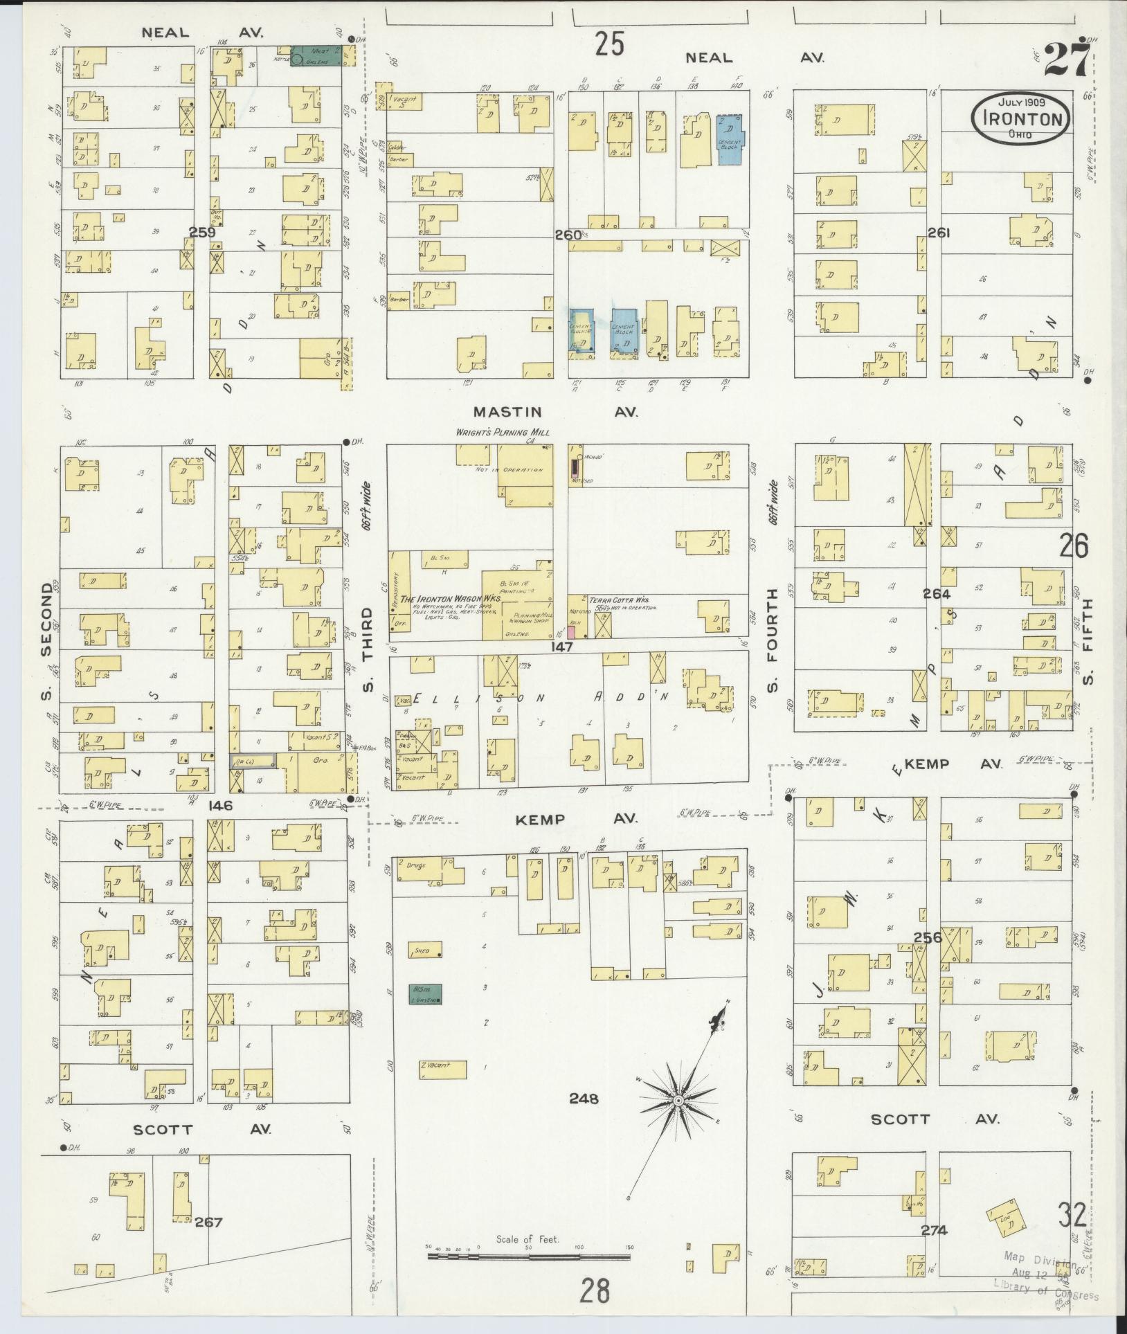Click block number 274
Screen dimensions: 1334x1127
tap(934, 1230)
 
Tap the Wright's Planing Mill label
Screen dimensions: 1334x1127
tap(503, 433)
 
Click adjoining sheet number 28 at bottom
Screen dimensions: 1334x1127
tap(595, 1290)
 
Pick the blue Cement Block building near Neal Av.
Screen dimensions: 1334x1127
tap(730, 139)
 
